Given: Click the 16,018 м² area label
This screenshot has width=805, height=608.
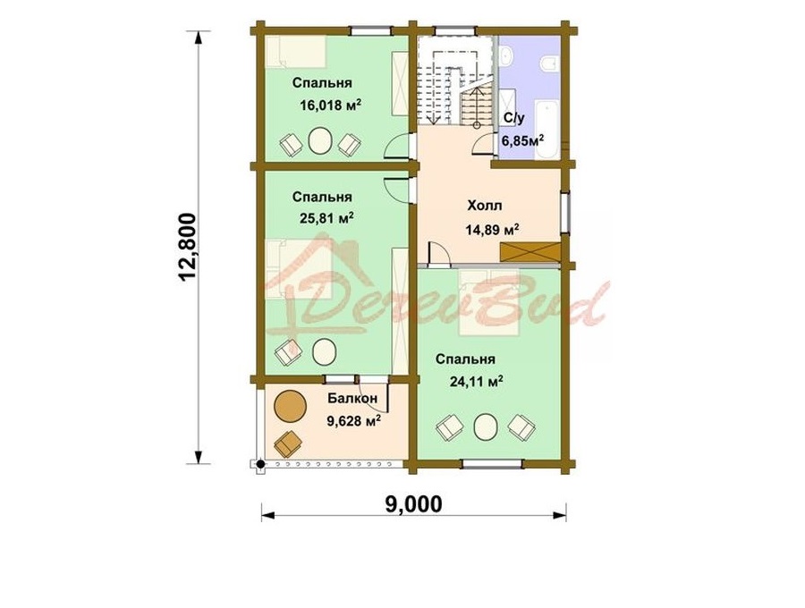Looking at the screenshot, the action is tap(331, 106).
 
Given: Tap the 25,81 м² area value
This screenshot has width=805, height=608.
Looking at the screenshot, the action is tap(327, 218).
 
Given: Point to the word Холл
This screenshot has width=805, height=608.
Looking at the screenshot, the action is tap(485, 206).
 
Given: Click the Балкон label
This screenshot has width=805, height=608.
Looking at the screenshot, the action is tap(352, 398).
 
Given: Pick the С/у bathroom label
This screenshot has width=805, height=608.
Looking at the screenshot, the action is tap(514, 119).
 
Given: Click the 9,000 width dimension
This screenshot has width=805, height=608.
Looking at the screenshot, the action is tap(413, 504).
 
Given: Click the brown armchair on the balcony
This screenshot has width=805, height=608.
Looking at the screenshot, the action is tap(288, 443).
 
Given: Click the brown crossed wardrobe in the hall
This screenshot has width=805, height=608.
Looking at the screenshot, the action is tap(529, 252).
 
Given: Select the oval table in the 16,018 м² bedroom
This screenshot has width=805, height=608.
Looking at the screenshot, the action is tap(321, 140).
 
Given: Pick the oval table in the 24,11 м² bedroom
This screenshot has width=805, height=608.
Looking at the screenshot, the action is tap(486, 426).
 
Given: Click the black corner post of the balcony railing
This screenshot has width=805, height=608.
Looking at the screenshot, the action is tap(261, 464).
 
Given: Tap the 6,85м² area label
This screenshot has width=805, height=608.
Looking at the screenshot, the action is tap(522, 140).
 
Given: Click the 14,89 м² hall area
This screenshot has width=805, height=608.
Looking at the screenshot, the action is tap(492, 229).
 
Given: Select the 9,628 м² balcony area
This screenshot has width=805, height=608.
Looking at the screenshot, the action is tap(353, 421).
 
